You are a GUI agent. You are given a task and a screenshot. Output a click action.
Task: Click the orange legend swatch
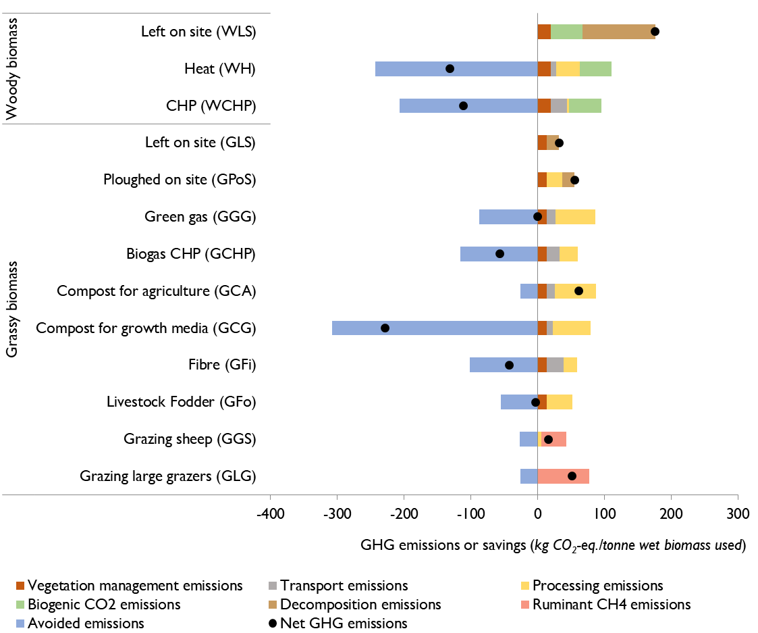pyautogui.click(x=20, y=586)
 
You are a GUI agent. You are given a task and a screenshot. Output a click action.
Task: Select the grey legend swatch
pyautogui.click(x=273, y=586)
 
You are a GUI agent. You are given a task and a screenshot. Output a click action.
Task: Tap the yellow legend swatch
pyautogui.click(x=525, y=586)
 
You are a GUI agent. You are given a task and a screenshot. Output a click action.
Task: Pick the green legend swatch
pyautogui.click(x=20, y=605)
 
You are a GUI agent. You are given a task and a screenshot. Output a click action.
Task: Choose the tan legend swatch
pyautogui.click(x=273, y=605)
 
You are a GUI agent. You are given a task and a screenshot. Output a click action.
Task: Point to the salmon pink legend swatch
pyautogui.click(x=525, y=605)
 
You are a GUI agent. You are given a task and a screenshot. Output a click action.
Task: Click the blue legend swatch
pyautogui.click(x=20, y=624)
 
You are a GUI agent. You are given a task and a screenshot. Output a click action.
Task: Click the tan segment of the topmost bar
pyautogui.click(x=618, y=32)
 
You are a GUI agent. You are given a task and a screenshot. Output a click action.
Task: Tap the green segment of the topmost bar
pyautogui.click(x=566, y=32)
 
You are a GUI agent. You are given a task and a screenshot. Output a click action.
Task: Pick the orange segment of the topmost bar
pyautogui.click(x=544, y=32)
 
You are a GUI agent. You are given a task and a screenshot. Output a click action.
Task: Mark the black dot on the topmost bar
pyautogui.click(x=654, y=32)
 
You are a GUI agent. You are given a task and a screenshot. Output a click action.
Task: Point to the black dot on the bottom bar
pyautogui.click(x=572, y=476)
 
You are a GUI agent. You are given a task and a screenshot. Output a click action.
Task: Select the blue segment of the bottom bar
pyautogui.click(x=529, y=476)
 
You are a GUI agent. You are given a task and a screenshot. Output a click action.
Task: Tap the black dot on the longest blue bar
pyautogui.click(x=385, y=328)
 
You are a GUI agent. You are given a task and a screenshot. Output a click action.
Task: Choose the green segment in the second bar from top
pyautogui.click(x=595, y=69)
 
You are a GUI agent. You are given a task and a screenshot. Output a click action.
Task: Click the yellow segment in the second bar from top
pyautogui.click(x=568, y=69)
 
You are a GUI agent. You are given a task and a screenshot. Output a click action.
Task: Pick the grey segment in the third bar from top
pyautogui.click(x=558, y=106)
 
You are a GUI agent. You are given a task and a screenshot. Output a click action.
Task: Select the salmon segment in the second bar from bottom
pyautogui.click(x=558, y=439)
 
